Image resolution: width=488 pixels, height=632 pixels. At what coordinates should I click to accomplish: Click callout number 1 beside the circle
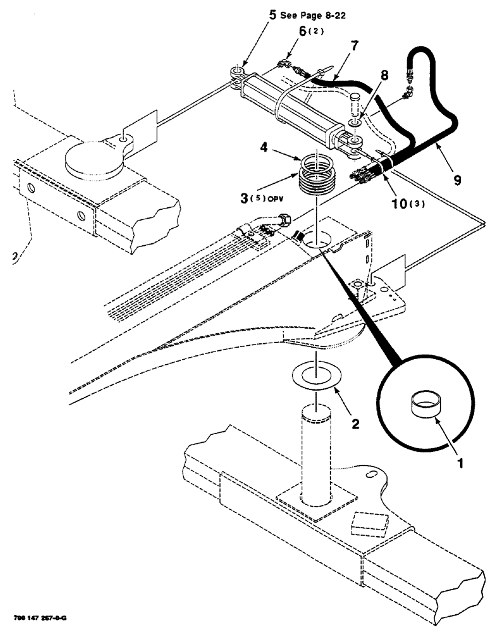[460, 463]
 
